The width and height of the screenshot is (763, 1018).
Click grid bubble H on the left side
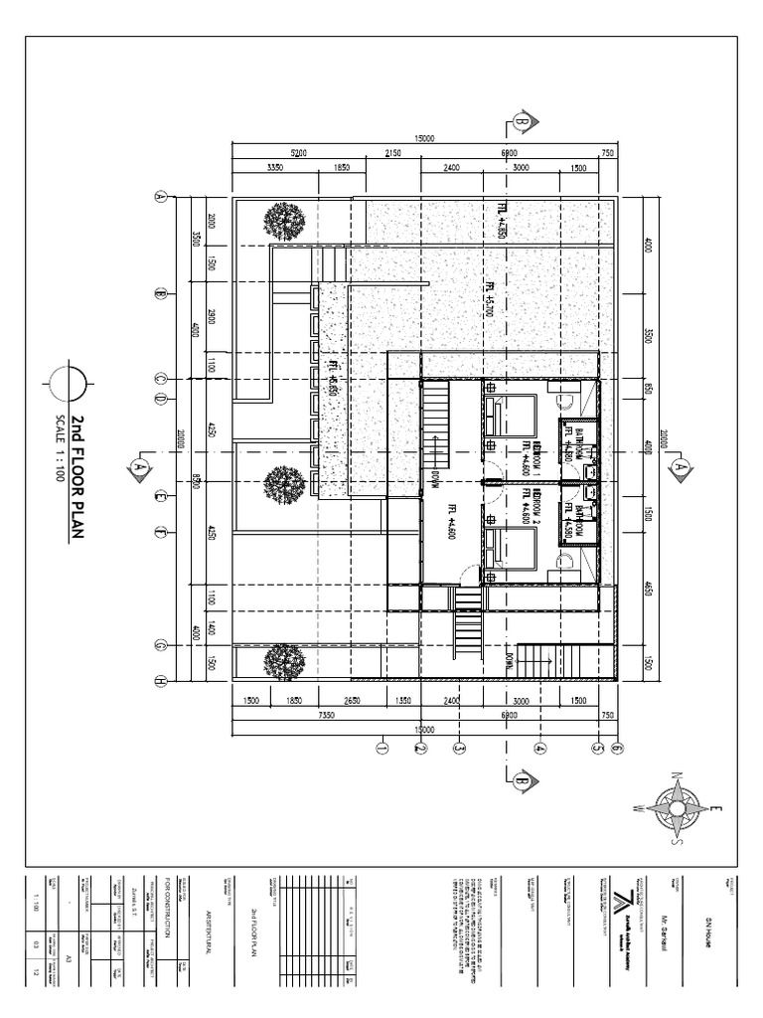tap(158, 681)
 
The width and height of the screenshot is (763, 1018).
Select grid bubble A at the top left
tap(158, 197)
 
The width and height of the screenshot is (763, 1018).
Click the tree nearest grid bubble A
tap(283, 222)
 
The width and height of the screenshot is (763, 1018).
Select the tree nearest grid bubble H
tap(285, 659)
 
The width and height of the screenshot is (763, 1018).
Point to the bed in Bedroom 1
tap(510, 416)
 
